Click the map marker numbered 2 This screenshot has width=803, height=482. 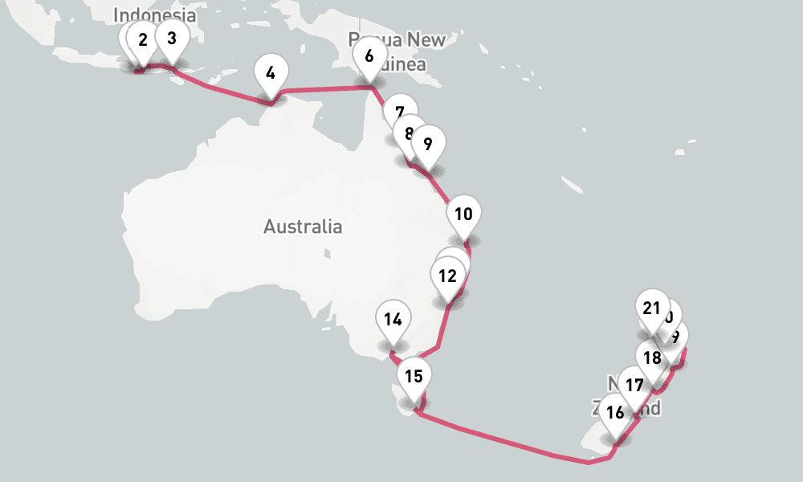coord(143,40)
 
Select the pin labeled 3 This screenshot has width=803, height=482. coord(171,37)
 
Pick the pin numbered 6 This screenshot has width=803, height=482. coord(369,56)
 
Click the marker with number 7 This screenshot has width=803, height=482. coord(400,112)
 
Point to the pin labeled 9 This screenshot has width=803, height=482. coord(427,144)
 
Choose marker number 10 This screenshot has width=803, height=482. coord(463,214)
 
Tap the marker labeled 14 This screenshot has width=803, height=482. coord(393,319)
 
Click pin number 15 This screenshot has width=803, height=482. coord(414,375)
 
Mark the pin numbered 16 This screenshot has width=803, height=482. coord(615,413)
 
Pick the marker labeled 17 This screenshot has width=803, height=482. coord(634,386)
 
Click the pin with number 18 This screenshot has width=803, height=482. coord(652,357)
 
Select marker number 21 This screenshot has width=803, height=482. coord(651,308)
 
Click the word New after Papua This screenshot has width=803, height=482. coord(426,39)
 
